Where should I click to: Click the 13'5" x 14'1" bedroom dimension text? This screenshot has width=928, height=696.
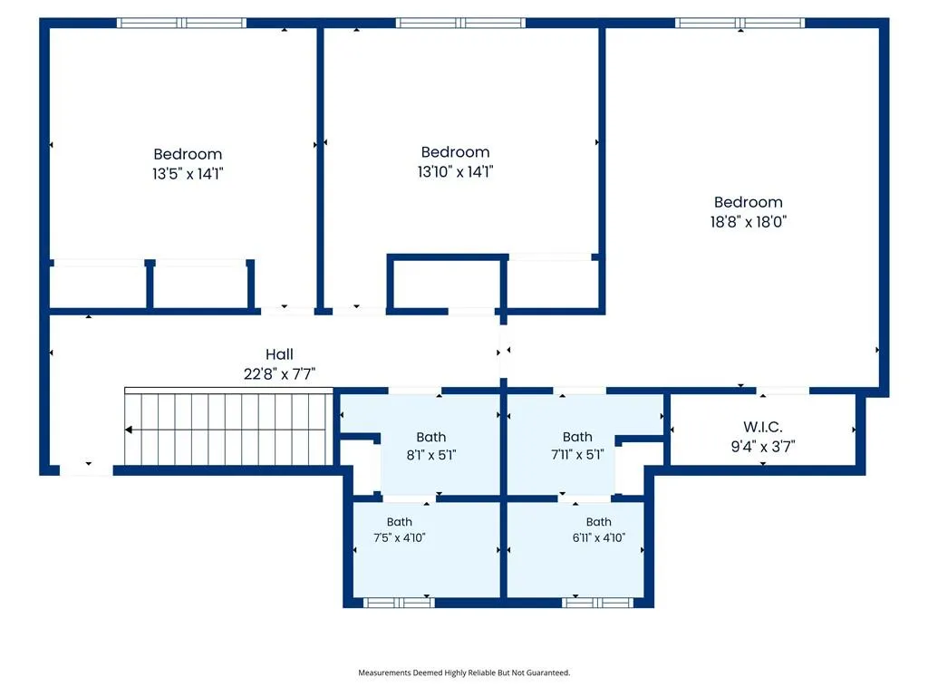(188, 173)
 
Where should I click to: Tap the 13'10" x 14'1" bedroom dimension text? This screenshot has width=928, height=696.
(455, 171)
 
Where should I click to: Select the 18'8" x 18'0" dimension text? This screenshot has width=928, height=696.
(748, 222)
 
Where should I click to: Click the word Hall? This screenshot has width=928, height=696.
(279, 354)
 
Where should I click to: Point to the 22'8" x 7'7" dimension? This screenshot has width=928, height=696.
(279, 374)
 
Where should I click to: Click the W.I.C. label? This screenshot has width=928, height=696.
(762, 427)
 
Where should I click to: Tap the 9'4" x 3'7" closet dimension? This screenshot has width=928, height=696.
(762, 446)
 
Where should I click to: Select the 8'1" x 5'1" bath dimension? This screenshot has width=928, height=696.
(430, 455)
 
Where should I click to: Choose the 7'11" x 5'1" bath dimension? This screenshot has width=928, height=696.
(577, 455)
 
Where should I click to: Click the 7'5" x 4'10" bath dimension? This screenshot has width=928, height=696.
(399, 537)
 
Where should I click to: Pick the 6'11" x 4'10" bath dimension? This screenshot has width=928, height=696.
(598, 537)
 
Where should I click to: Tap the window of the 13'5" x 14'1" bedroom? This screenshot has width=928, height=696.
(181, 23)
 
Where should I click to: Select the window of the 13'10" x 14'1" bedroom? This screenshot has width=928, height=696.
(460, 23)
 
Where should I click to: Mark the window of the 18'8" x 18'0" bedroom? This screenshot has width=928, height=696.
(739, 23)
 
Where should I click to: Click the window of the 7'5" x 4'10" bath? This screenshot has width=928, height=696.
(399, 603)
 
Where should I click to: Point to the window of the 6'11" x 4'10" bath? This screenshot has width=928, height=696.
(598, 603)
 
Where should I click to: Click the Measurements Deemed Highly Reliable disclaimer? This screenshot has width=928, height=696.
(464, 672)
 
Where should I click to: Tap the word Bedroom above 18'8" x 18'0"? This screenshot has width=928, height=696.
(748, 202)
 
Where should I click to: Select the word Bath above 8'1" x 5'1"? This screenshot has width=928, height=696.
(430, 437)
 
